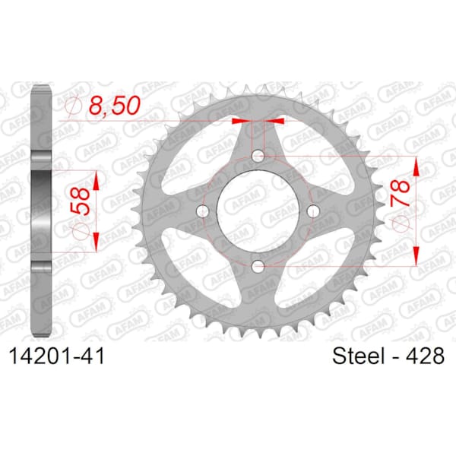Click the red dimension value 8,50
coord(115,105)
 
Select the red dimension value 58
coord(79,201)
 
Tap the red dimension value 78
coord(401,193)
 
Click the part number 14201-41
coord(57,356)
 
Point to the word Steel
coord(359,356)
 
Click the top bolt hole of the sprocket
coord(258,155)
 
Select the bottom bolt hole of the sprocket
coord(258,266)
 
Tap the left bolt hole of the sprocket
coord(202,211)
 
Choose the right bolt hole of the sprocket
coord(313,211)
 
